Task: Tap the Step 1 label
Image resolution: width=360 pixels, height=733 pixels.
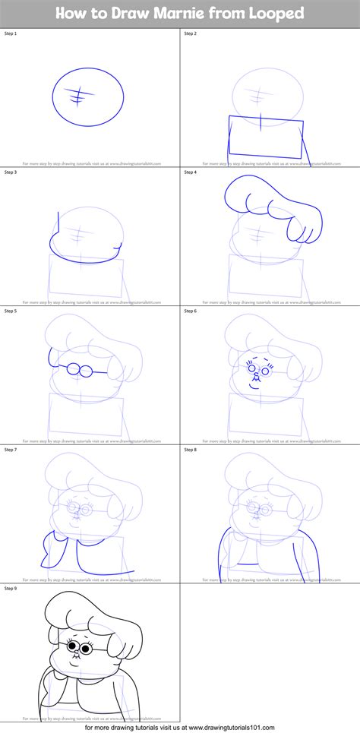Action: point(11,34)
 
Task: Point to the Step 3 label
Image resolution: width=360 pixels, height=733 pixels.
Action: point(11,172)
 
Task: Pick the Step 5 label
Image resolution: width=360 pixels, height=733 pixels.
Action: point(11,311)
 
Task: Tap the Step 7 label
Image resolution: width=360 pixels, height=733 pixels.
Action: point(11,449)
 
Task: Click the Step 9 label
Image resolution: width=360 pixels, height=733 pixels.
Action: point(11,588)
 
